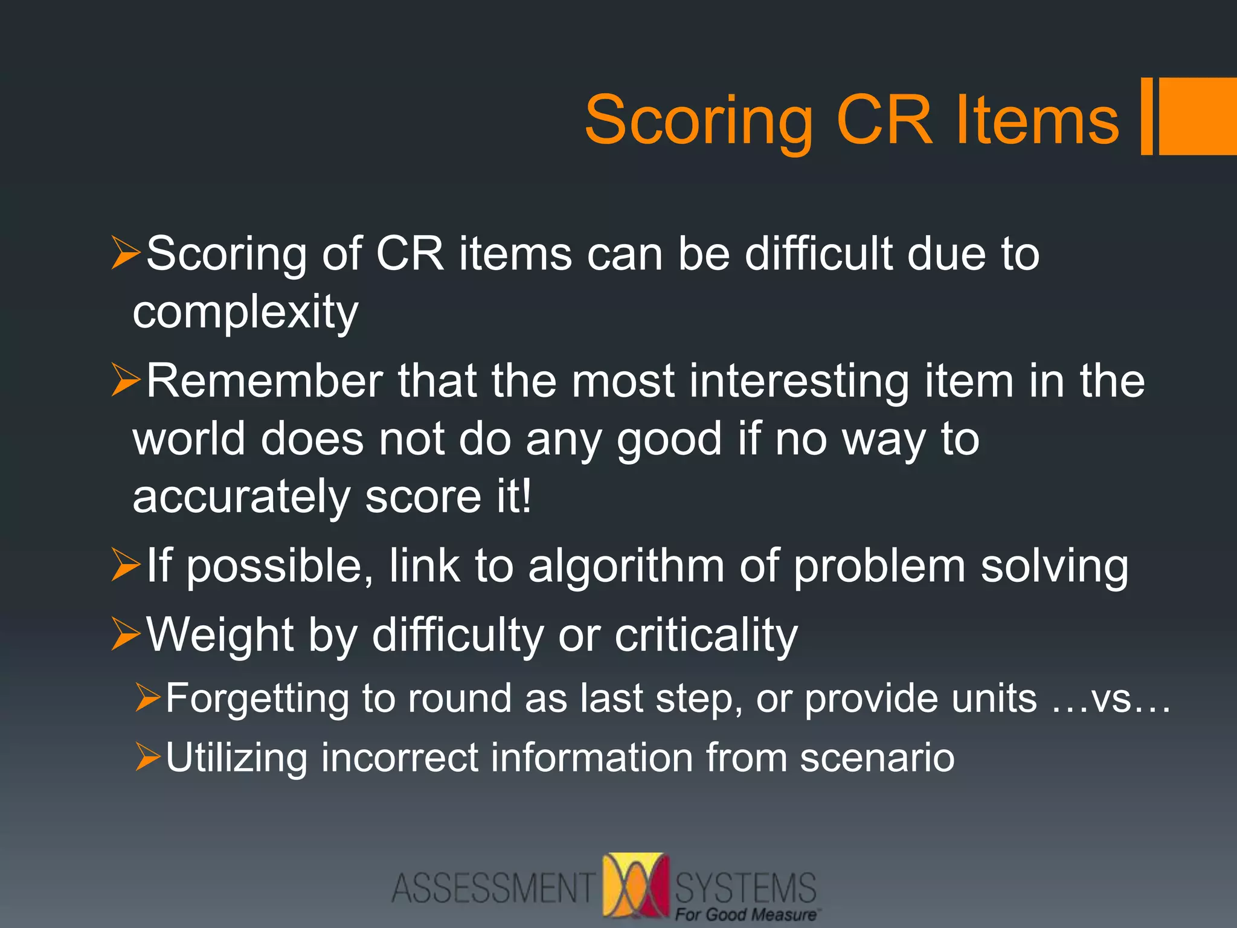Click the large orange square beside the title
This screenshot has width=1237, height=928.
pyautogui.click(x=1197, y=116)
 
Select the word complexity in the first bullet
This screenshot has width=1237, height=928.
pyautogui.click(x=245, y=313)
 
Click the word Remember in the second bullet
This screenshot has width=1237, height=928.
pyautogui.click(x=265, y=381)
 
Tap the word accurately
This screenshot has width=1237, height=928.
pyautogui.click(x=241, y=497)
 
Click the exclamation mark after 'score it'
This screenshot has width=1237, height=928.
pyautogui.click(x=526, y=495)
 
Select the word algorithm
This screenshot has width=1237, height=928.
pyautogui.click(x=626, y=567)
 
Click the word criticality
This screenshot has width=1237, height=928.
pyautogui.click(x=706, y=635)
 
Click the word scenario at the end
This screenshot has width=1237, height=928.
pyautogui.click(x=877, y=758)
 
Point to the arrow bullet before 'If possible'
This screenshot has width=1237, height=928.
pyautogui.click(x=126, y=565)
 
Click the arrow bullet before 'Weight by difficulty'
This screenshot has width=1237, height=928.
pyautogui.click(x=126, y=634)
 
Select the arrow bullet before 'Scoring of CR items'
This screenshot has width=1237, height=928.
pyautogui.click(x=126, y=253)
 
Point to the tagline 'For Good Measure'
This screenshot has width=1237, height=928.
pyautogui.click(x=745, y=915)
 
